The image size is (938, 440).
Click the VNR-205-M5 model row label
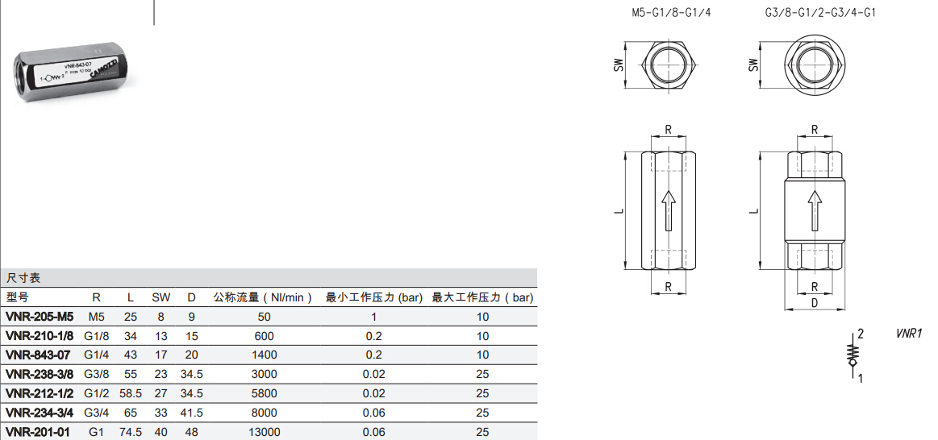click(x=39, y=317)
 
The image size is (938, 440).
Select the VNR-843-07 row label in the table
click(x=38, y=355)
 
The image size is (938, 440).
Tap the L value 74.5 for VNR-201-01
click(x=131, y=432)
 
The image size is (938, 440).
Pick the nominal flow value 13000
click(x=264, y=432)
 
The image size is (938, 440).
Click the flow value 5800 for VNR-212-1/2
click(x=264, y=393)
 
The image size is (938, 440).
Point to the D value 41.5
click(x=191, y=413)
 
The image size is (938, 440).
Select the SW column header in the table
click(x=161, y=297)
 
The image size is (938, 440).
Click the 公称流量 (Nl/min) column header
click(x=263, y=297)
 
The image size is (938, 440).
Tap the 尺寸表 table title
click(x=23, y=278)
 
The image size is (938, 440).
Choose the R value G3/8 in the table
click(x=96, y=374)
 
